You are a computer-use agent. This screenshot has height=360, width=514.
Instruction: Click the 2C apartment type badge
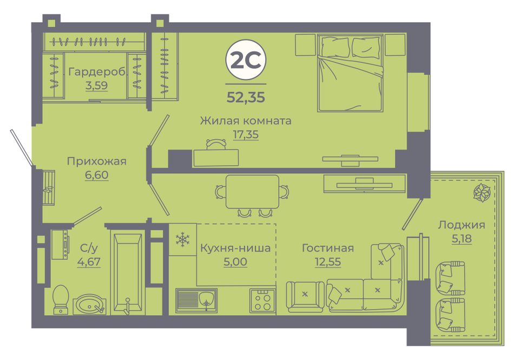pyautogui.click(x=246, y=60)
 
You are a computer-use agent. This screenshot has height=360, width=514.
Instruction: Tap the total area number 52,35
pyautogui.click(x=246, y=97)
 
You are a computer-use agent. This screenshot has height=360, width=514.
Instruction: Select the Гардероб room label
pyautogui.click(x=96, y=71)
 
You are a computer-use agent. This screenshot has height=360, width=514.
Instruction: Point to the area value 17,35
pyautogui.click(x=246, y=134)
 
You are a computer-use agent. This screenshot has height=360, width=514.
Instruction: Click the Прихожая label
pyautogui.click(x=97, y=161)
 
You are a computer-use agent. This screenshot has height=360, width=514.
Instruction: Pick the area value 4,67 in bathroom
pyautogui.click(x=89, y=262)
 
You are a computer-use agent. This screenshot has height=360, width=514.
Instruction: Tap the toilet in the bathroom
pyautogui.click(x=61, y=300)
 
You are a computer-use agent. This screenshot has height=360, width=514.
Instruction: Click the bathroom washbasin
pyautogui.click(x=89, y=305)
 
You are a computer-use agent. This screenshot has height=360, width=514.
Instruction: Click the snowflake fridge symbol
pyautogui.click(x=182, y=239)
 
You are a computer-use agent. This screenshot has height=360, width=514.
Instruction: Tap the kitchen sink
pyautogui.click(x=196, y=300)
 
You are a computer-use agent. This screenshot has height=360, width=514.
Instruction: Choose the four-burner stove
pyautogui.click(x=262, y=300)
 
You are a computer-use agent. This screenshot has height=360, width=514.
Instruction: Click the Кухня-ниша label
pyautogui.click(x=235, y=248)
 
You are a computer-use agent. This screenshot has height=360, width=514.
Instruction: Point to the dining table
pyautogui.click(x=253, y=192)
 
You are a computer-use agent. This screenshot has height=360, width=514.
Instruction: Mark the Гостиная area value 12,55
pyautogui.click(x=328, y=262)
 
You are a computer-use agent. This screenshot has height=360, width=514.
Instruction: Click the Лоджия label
pyautogui.click(x=462, y=225)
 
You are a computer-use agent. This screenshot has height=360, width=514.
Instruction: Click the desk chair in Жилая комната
pyautogui.click(x=216, y=144)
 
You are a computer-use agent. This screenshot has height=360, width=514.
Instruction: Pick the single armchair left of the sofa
pyautogui.click(x=305, y=297)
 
